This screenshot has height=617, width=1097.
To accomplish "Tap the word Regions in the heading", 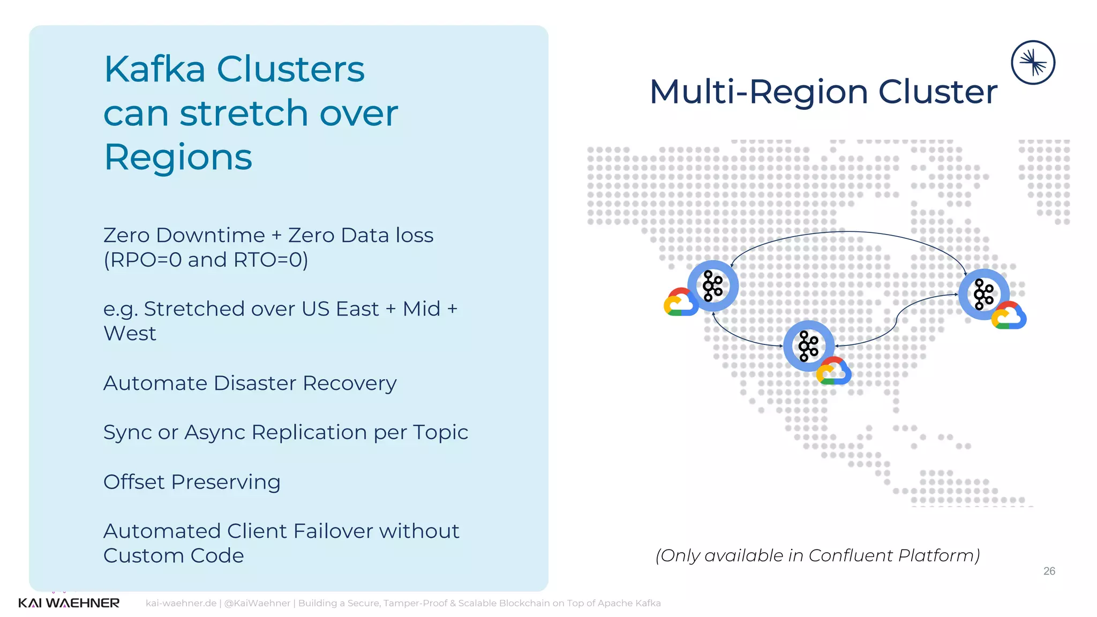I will (177, 157).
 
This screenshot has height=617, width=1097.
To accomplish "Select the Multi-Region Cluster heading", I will (823, 92).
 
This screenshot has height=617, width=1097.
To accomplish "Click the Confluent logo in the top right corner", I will (1033, 63).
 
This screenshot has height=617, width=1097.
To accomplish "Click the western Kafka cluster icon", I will (713, 285).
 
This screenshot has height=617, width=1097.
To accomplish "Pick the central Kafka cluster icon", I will (808, 346).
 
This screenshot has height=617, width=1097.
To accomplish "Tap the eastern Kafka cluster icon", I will (983, 294).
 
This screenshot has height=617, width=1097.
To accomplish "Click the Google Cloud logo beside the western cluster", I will (680, 303).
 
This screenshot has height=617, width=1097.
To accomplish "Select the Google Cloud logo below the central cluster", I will (833, 371).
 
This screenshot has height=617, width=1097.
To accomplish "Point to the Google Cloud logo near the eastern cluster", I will (1009, 315).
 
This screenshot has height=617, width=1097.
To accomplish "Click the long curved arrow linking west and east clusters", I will (849, 232).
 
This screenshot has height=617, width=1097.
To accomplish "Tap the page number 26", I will (1049, 571).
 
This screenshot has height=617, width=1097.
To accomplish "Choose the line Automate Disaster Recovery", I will (250, 383).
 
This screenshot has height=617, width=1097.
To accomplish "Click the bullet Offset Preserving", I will (192, 482).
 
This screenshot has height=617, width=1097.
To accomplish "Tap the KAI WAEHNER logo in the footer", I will (69, 603).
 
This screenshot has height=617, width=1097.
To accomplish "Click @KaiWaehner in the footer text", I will (257, 603).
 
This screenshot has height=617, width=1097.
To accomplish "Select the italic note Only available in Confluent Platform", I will (817, 555).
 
